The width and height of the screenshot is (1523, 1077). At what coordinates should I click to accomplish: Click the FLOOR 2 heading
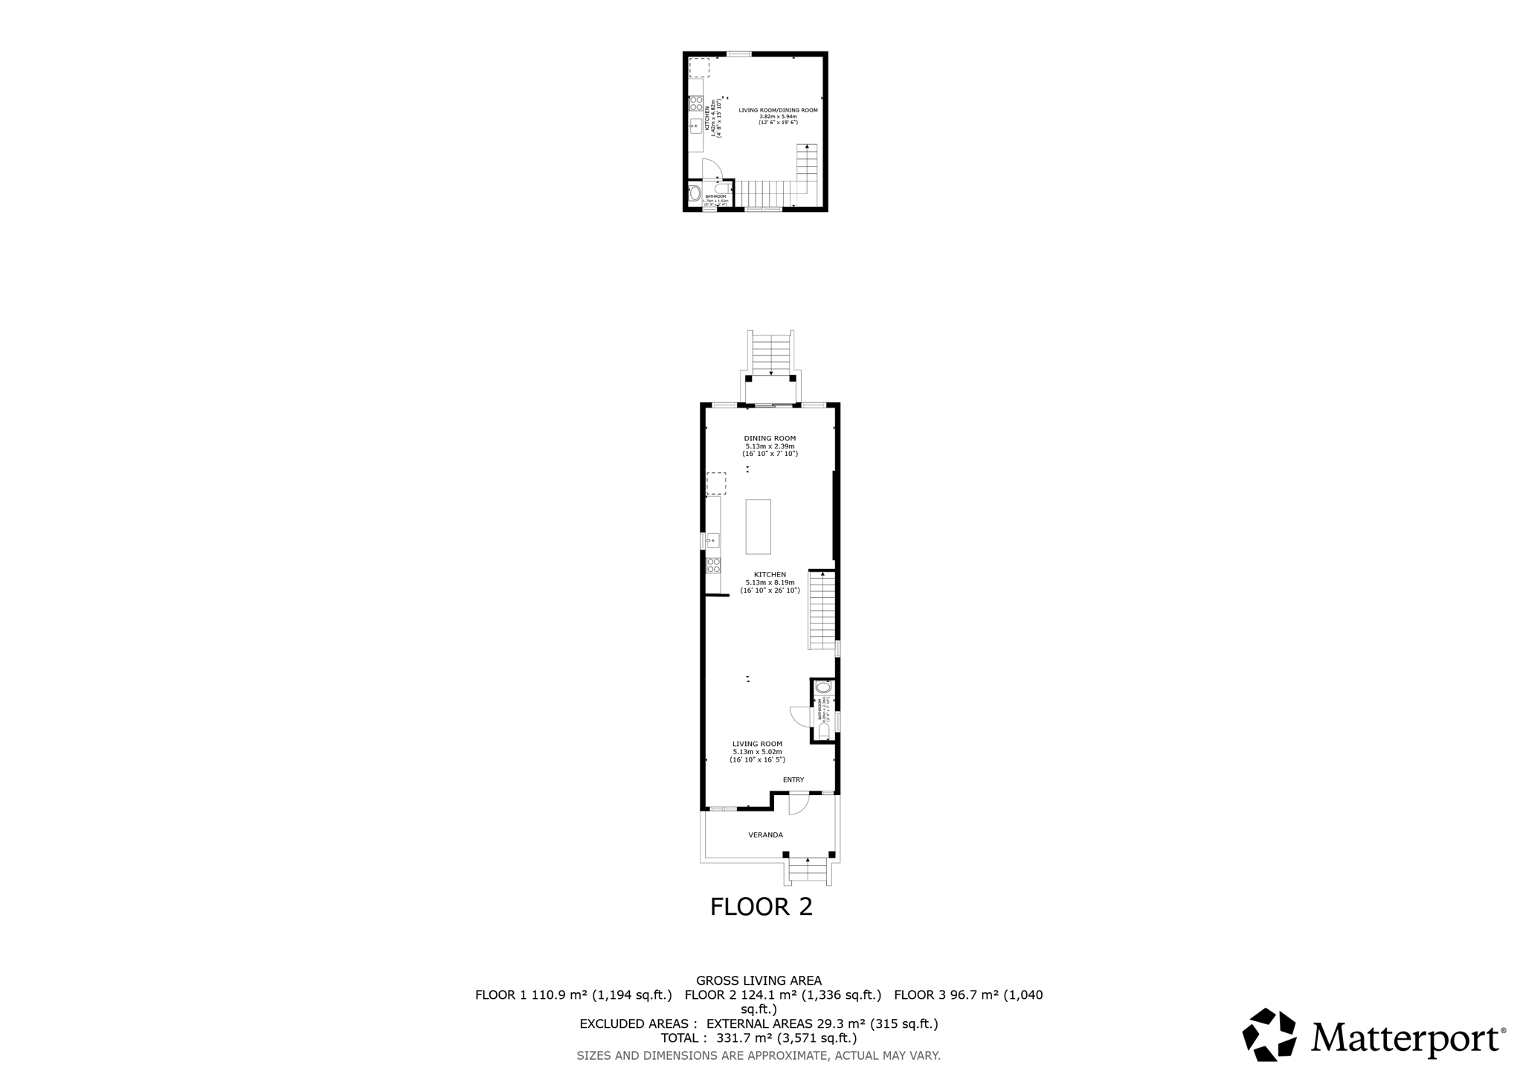[761, 907]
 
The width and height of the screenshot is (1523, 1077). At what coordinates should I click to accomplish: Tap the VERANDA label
[765, 835]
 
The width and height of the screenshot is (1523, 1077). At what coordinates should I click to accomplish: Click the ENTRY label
[793, 779]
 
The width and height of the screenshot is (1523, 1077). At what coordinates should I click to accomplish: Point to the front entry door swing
[797, 804]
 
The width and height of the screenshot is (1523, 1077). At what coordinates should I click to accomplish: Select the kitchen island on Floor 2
[759, 527]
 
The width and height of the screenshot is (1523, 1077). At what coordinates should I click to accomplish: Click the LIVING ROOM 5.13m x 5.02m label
[757, 751]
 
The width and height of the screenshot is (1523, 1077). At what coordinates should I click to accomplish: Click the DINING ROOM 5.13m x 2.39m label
[770, 446]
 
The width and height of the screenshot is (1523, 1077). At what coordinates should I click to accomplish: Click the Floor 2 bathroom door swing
[799, 716]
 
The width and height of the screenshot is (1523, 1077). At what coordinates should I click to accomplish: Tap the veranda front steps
[808, 871]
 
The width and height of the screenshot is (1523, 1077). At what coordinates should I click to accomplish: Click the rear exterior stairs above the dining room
[771, 354]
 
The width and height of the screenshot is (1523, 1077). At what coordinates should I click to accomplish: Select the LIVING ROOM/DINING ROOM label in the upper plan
[778, 116]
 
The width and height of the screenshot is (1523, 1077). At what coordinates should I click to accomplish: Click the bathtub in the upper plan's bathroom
[695, 194]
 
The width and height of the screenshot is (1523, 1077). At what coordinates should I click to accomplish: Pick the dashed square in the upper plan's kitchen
[699, 68]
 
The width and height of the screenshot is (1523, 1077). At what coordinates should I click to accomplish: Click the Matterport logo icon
[1269, 1034]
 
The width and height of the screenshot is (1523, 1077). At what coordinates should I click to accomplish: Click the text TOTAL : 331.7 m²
[759, 1038]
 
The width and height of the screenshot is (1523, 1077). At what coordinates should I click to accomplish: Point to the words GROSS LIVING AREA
[759, 981]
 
